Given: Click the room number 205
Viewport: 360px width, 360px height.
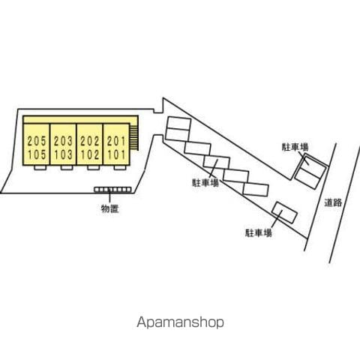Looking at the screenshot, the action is pos(37,141).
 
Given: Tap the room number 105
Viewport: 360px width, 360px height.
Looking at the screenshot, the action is pos(37,154).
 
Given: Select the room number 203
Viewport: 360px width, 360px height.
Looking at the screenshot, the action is pos(63,141).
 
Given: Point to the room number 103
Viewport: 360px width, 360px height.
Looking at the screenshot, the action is pos(63,154).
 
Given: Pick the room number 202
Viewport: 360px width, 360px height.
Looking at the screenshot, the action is pos(90,141).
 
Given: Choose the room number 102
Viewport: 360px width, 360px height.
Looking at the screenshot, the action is pos(90,154).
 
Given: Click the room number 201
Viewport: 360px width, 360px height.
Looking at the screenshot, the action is pos(116,141).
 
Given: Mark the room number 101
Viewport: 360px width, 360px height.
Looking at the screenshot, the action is pos(116,154).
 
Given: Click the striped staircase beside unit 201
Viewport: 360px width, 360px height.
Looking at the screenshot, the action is pos(134,138).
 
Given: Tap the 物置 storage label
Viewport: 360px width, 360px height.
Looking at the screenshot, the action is pos(109,208).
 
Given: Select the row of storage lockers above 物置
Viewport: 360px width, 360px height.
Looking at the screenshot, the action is pos(112,190).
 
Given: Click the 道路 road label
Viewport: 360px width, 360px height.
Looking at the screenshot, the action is pos(333,202).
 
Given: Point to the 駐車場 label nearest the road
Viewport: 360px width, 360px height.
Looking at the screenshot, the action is pos(295,147).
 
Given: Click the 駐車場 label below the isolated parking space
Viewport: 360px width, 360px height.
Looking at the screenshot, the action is pos(259,233).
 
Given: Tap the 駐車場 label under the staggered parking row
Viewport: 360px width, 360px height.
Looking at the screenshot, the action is pos(205,183).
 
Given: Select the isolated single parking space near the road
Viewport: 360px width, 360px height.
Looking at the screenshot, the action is pos(285,212).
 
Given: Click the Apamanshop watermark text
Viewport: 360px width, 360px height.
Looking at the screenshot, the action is pos(180,322).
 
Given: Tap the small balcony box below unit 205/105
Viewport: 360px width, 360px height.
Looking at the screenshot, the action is pos(40,167).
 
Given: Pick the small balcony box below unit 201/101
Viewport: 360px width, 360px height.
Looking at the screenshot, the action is pos(120,167).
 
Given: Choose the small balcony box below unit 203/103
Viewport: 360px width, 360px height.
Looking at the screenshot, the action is pos(67,167).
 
